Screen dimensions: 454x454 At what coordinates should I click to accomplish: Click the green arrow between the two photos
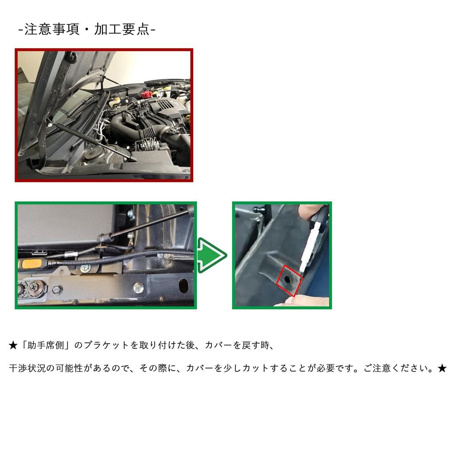(x=212, y=255)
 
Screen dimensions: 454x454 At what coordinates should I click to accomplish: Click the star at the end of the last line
(x=442, y=368)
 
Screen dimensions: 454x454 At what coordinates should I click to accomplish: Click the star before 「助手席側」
(x=13, y=345)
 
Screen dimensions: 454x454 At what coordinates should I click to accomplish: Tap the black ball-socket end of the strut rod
(x=103, y=238)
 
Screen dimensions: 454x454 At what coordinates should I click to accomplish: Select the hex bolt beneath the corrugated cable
(x=85, y=268)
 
